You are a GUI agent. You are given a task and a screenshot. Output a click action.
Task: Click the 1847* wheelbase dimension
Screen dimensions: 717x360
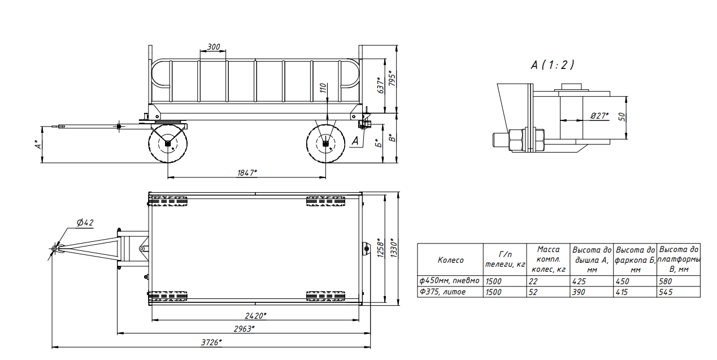(247, 173)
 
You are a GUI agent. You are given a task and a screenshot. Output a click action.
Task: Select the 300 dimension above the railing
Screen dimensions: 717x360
(214, 47)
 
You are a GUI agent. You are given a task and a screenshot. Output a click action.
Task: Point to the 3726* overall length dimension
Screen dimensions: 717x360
(211, 342)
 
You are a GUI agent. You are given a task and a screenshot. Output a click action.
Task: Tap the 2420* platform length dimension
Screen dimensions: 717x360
(255, 316)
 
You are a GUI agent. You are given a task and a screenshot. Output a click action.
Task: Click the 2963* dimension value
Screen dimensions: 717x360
(244, 329)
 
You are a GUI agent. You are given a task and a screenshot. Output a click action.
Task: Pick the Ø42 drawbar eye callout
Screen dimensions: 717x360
(85, 222)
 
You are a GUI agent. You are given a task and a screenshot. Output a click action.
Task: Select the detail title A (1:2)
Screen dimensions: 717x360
(553, 65)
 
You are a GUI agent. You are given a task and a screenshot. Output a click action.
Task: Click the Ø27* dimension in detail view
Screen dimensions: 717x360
(599, 116)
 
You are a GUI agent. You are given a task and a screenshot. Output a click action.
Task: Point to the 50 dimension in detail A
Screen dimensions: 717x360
(622, 116)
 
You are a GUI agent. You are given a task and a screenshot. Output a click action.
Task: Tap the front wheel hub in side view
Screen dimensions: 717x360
(168, 144)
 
